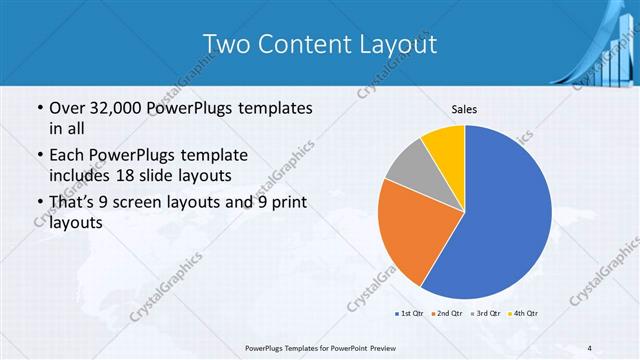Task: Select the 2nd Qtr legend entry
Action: tap(446, 314)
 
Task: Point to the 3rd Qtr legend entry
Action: tap(485, 314)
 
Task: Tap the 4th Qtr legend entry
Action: tap(523, 314)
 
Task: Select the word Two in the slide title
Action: tap(226, 44)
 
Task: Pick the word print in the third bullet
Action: tap(286, 202)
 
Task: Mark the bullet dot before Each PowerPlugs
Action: tap(38, 155)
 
